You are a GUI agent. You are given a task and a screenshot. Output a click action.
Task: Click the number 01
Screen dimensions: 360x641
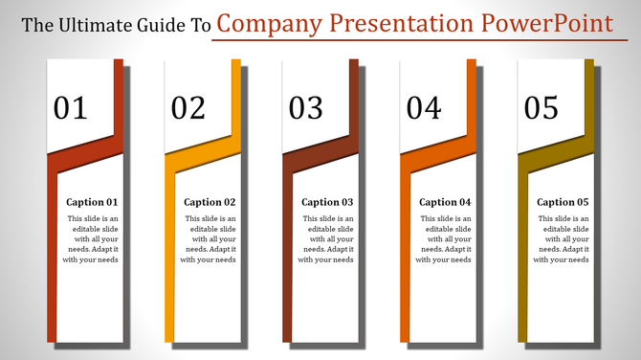pos(71,108)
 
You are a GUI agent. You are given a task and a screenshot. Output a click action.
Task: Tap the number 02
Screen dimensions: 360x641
pos(188,108)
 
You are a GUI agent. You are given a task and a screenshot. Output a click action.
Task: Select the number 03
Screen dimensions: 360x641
pos(306,108)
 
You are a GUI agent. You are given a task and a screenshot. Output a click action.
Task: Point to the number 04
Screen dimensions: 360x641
pos(424,108)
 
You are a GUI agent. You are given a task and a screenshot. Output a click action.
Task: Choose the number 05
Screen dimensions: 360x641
pos(542,108)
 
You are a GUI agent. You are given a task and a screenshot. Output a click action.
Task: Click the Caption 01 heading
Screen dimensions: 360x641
pos(92,202)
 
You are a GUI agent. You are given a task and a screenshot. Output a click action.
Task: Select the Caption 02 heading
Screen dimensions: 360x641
pos(210,202)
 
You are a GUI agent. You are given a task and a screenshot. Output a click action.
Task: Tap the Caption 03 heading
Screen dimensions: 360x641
pos(327,202)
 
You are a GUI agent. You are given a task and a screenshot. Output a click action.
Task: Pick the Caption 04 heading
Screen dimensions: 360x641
pos(445,202)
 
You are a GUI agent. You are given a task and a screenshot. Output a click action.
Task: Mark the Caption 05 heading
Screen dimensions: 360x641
pos(563,202)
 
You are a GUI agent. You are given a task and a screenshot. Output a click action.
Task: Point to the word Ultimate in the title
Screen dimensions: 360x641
pos(98,26)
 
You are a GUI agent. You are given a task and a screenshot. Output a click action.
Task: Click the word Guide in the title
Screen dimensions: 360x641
pos(164,26)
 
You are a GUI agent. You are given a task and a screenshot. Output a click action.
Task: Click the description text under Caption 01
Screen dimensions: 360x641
pos(91,239)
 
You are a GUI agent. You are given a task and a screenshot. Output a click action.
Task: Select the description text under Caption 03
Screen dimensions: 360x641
pos(326,239)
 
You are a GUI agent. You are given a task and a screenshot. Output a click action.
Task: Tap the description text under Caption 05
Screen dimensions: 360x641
pos(562,239)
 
